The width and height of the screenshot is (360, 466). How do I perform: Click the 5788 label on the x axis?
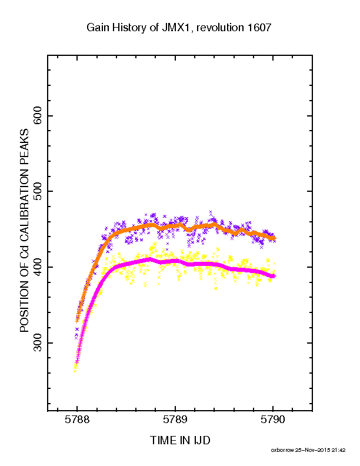[x=77, y=420]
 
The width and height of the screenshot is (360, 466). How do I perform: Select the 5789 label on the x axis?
[x=175, y=420]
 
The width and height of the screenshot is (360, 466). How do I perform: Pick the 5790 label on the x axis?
[x=273, y=420]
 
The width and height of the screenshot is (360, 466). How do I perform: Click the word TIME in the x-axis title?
[x=163, y=440]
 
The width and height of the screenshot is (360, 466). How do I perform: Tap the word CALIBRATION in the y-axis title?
[x=24, y=202]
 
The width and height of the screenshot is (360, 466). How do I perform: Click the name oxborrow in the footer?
[x=282, y=450]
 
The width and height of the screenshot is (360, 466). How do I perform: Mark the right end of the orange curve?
[x=275, y=238]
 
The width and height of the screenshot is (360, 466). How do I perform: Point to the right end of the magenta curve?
[x=275, y=276]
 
